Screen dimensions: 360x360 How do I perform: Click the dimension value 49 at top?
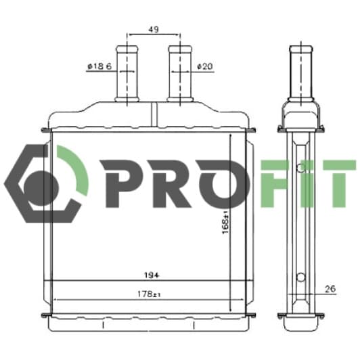tap(154, 29)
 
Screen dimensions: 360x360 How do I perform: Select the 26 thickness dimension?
tap(330, 290)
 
